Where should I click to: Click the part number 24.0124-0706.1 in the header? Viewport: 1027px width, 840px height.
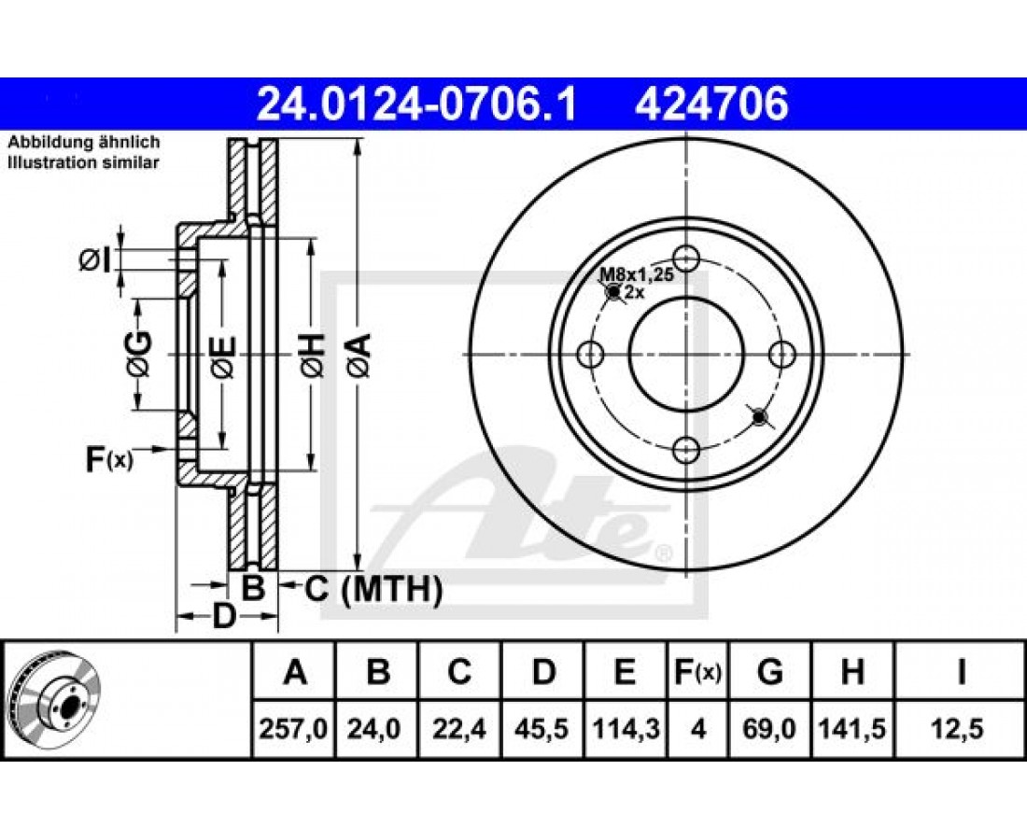pos(416,104)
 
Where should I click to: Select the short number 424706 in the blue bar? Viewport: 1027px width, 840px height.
pos(711,104)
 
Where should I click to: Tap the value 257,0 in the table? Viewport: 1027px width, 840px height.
pos(293,729)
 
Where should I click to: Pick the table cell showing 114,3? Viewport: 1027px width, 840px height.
pos(626,729)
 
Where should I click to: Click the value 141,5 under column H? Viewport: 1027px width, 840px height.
pos(852,729)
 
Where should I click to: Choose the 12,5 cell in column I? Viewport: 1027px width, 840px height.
pos(960,729)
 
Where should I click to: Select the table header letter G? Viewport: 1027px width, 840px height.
pos(769,672)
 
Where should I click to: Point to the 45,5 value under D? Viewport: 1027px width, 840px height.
pos(543,729)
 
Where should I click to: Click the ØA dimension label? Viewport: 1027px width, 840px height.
pos(359,355)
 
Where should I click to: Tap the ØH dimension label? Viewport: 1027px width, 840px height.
pos(313,355)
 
